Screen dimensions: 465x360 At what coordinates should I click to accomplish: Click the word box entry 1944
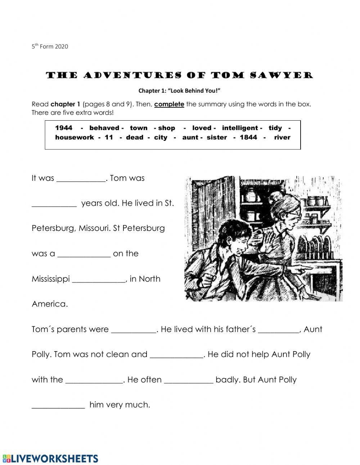(64, 128)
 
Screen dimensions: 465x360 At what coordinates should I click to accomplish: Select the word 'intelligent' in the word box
(240, 128)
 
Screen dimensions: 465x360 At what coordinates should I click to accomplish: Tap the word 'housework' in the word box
(74, 137)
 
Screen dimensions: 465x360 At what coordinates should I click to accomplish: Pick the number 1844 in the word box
(248, 137)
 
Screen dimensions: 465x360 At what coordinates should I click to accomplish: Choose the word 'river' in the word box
(282, 137)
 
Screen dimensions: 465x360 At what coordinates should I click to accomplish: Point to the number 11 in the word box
(109, 137)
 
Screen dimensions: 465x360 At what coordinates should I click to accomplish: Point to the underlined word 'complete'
(169, 104)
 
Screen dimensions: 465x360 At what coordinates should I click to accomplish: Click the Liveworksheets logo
(50, 458)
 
